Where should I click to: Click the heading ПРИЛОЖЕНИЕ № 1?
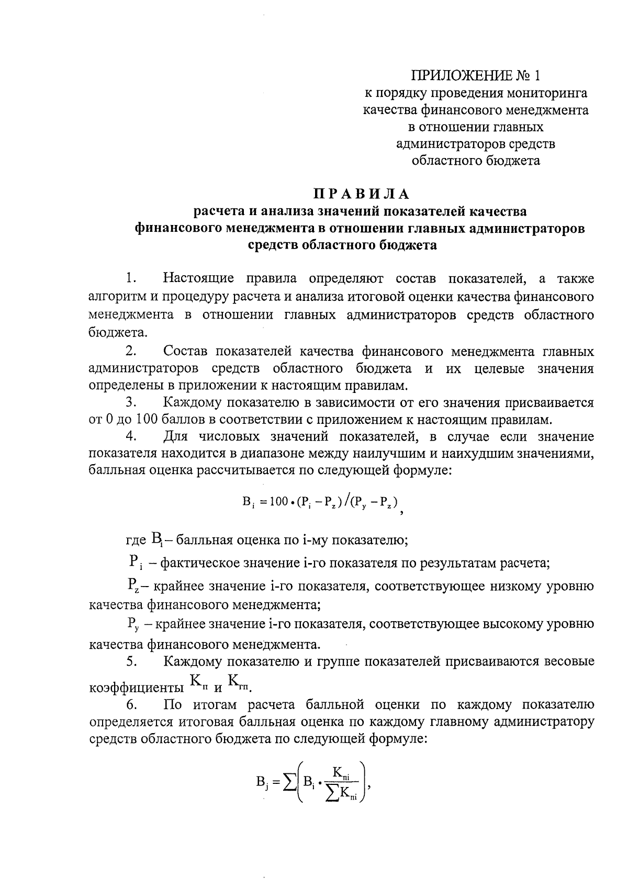pos(475,76)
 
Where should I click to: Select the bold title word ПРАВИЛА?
pos(361,194)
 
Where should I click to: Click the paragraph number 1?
pos(131,277)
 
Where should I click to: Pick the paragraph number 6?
pos(131,705)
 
